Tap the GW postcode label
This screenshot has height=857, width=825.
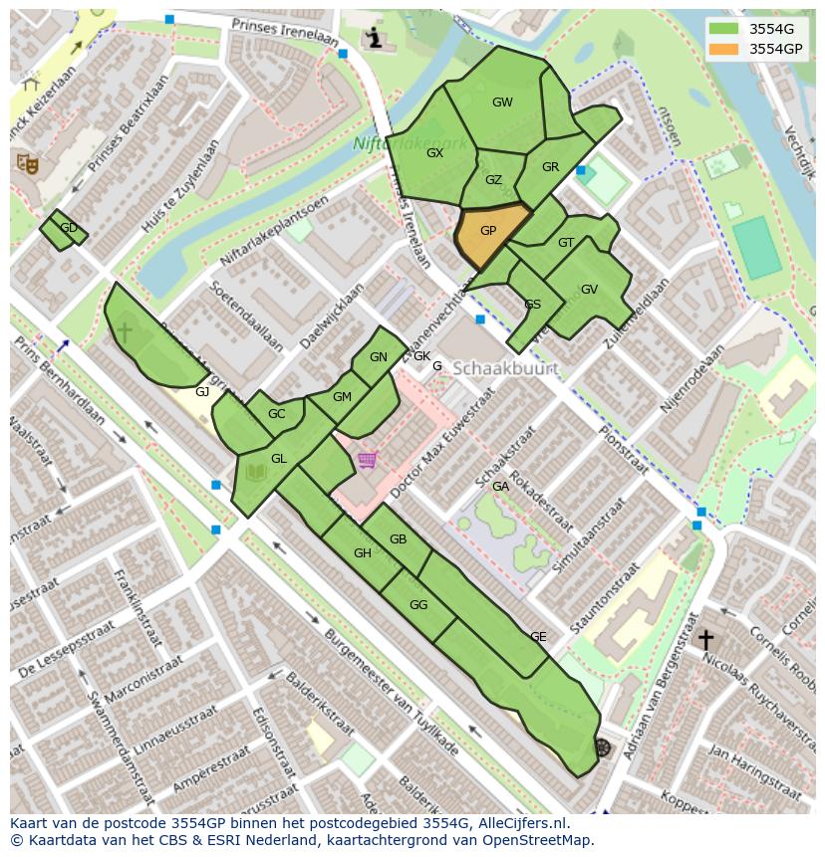click(x=502, y=103)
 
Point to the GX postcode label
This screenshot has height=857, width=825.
click(x=434, y=153)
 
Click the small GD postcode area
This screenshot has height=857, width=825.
click(x=64, y=229)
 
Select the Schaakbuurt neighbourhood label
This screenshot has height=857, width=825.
click(x=504, y=368)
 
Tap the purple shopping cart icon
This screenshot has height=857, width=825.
click(x=368, y=460)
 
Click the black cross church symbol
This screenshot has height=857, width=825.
click(x=705, y=639)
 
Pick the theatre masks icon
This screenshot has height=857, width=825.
click(x=27, y=162)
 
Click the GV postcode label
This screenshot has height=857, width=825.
click(x=589, y=290)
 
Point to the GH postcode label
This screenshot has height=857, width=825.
click(x=363, y=553)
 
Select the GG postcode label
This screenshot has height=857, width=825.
click(x=418, y=605)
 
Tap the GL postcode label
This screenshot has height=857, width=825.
click(x=279, y=459)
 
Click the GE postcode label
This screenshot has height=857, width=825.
click(x=538, y=637)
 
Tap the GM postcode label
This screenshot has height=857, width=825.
click(x=342, y=397)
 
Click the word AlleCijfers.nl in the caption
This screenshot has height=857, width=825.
click(x=519, y=823)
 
